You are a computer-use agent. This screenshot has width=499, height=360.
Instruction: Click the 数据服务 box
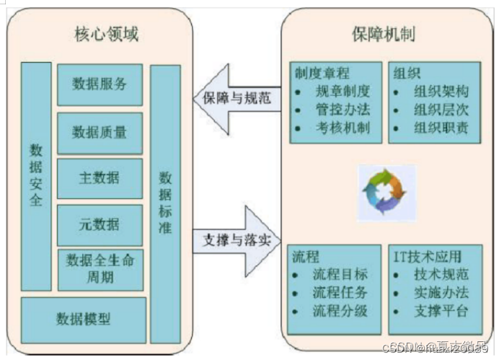100,84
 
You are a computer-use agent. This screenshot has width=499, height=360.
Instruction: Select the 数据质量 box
100,132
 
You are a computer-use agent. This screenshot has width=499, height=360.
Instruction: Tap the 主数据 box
100,178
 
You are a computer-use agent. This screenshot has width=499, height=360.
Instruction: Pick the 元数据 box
100,224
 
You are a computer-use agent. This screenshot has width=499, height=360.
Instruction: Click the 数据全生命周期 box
100,268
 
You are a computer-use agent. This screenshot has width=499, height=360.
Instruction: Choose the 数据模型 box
84,318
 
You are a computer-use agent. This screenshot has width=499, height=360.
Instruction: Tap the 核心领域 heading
107,34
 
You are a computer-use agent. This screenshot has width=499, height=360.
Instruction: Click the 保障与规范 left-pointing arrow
232,99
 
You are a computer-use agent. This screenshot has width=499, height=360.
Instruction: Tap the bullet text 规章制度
343,91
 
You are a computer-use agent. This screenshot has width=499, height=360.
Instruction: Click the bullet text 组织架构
442,91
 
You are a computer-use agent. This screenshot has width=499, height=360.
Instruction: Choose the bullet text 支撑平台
441,312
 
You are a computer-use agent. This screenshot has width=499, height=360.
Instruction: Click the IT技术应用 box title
428,255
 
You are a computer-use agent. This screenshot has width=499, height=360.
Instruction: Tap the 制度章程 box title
321,73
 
